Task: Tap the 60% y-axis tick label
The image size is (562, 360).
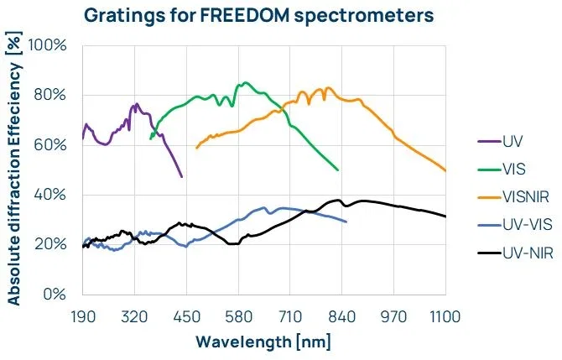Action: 51,144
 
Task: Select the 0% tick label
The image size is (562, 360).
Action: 55,295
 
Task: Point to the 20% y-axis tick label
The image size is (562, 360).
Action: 51,245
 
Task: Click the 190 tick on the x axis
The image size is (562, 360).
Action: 82,316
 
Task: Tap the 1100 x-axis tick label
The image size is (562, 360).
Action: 445,316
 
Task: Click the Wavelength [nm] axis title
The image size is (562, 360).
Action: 263,342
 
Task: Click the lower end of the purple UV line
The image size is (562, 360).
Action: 181,176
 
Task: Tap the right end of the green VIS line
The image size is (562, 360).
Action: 338,170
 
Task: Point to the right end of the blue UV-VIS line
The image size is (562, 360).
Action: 346,222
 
